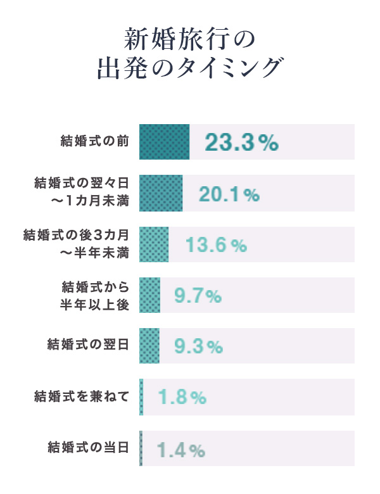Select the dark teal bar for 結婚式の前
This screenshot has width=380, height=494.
(x=164, y=141)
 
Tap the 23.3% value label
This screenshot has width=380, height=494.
(x=241, y=142)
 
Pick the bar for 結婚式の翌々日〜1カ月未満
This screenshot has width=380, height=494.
(x=161, y=193)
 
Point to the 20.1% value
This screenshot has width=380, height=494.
(x=229, y=194)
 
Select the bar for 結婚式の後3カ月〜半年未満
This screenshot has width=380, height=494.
(x=154, y=244)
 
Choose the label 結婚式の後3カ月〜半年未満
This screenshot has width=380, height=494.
(x=75, y=244)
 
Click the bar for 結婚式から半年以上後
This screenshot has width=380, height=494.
(x=149, y=295)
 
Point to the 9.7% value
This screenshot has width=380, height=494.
(x=198, y=296)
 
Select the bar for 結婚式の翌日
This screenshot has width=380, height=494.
(x=149, y=346)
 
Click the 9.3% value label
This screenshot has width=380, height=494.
(x=198, y=347)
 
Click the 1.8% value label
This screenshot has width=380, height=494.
(x=182, y=398)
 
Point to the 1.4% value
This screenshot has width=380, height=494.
(x=181, y=450)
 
